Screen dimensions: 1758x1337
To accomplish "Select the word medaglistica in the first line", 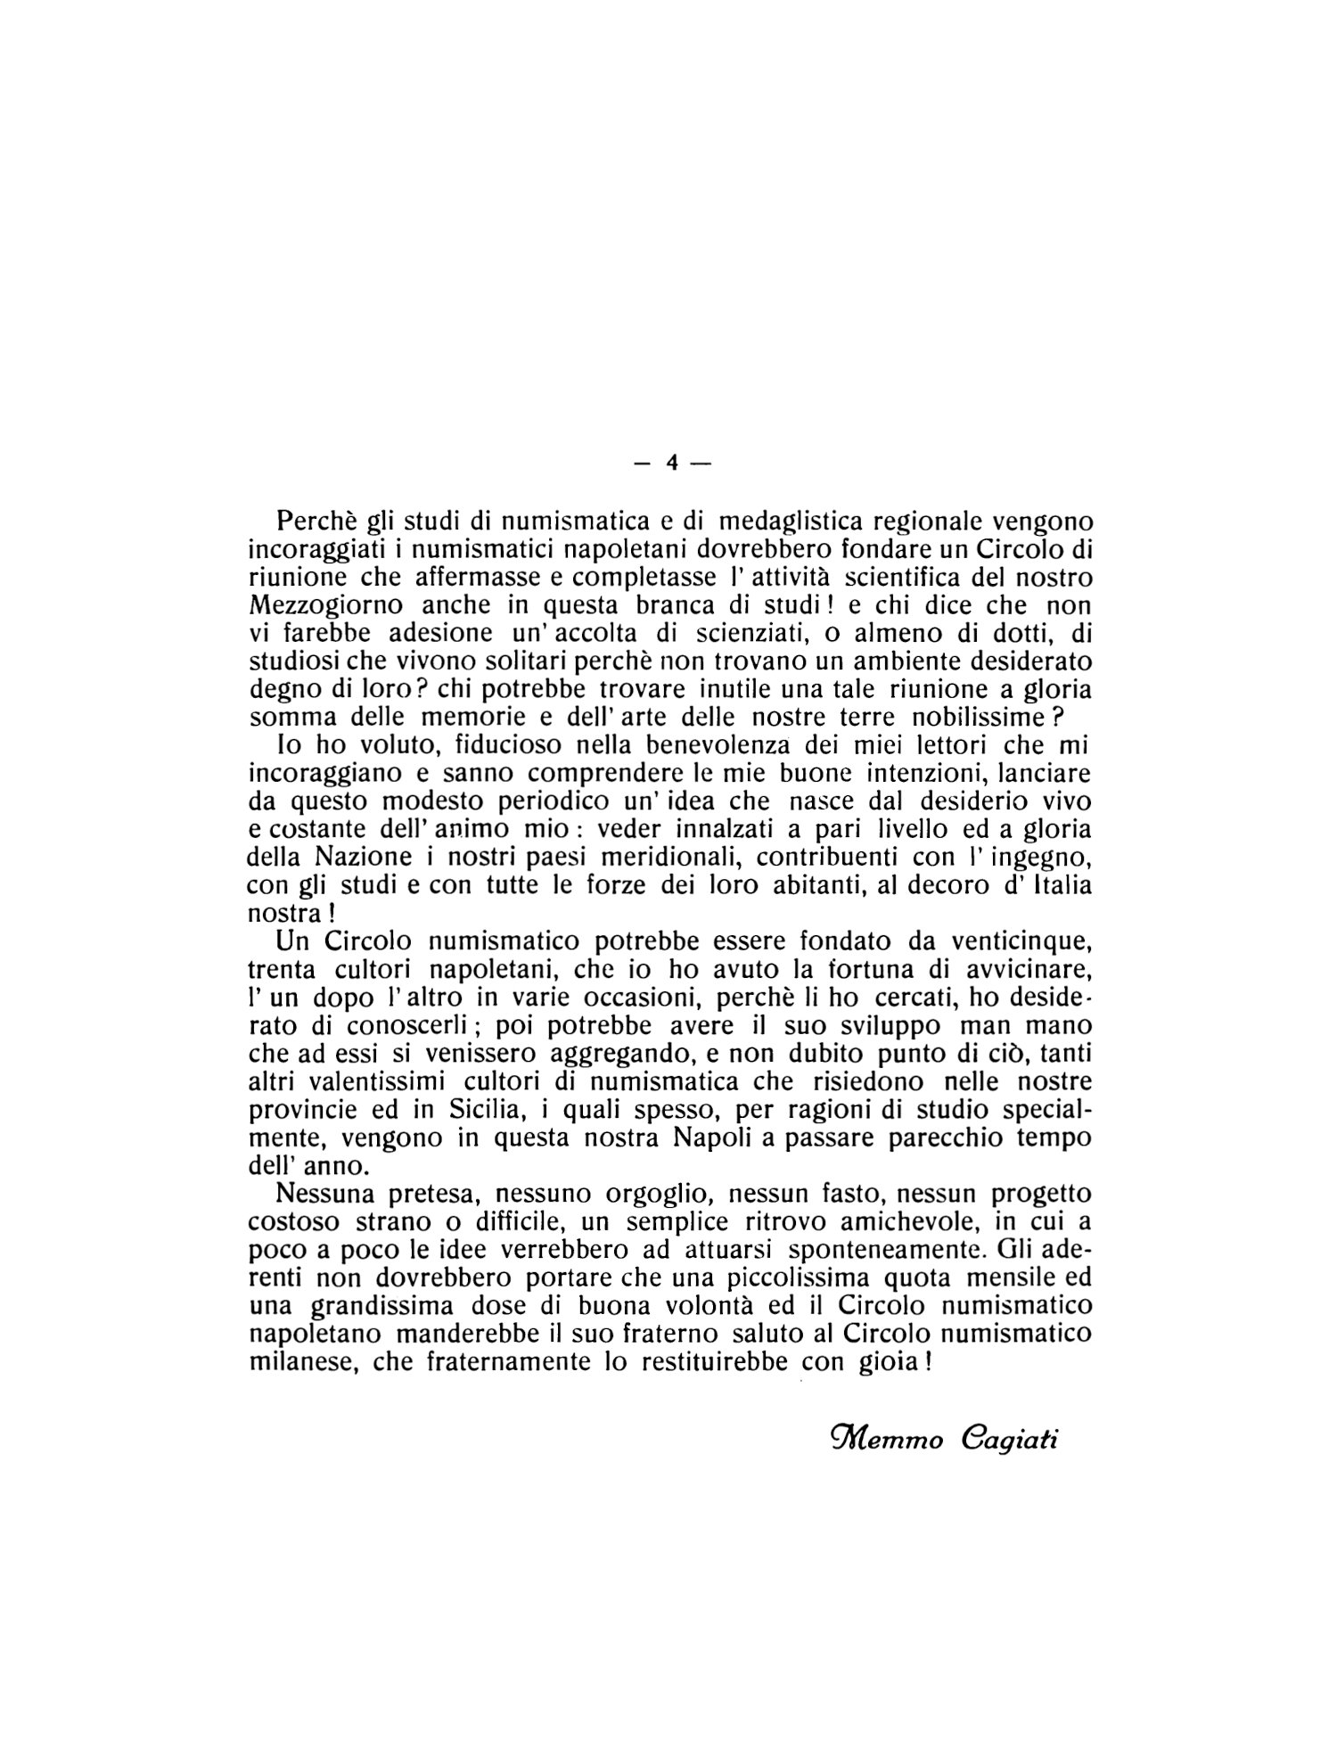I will pyautogui.click(x=787, y=520).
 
